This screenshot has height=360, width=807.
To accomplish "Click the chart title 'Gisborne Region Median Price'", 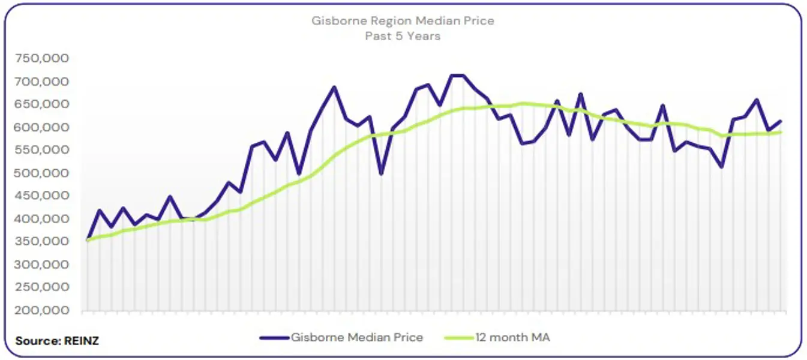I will (x=403, y=21).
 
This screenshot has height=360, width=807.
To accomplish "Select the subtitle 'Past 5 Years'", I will (x=403, y=36).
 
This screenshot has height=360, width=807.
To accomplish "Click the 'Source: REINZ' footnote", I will (x=57, y=341).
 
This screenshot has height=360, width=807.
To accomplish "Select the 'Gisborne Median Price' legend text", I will (x=357, y=337).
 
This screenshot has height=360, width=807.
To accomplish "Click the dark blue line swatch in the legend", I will (x=274, y=338).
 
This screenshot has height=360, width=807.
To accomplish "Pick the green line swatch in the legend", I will (x=459, y=338).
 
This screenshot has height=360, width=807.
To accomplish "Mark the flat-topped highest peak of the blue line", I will (x=457, y=76).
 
